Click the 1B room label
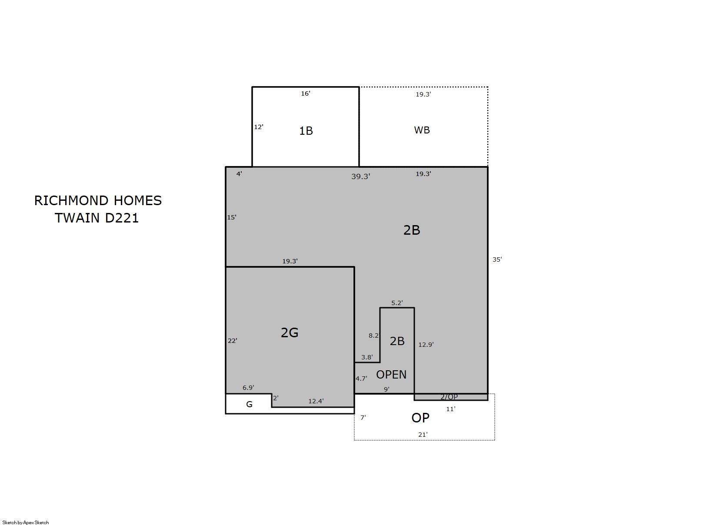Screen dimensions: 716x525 click(306, 131)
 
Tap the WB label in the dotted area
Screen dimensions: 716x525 click(422, 130)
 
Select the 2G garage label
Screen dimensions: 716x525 click(290, 332)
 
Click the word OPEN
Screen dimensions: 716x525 click(391, 375)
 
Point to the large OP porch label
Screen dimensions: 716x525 click(420, 418)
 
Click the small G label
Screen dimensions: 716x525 click(250, 404)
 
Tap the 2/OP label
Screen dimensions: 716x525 click(449, 397)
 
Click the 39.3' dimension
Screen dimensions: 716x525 click(360, 176)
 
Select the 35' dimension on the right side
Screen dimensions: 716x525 click(497, 259)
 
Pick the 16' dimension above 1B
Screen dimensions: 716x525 click(306, 93)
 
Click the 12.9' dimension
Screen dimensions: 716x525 click(426, 345)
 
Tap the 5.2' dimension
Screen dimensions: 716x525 click(397, 302)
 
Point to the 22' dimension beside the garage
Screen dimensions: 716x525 click(233, 341)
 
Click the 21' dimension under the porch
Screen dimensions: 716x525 click(423, 434)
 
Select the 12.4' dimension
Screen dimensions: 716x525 click(316, 401)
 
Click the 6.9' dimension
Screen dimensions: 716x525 click(248, 388)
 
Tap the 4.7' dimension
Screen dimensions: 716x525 click(361, 379)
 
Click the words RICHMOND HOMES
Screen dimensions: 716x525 click(98, 201)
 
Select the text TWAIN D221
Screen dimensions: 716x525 click(97, 218)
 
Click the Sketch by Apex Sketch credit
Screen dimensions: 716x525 click(26, 522)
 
